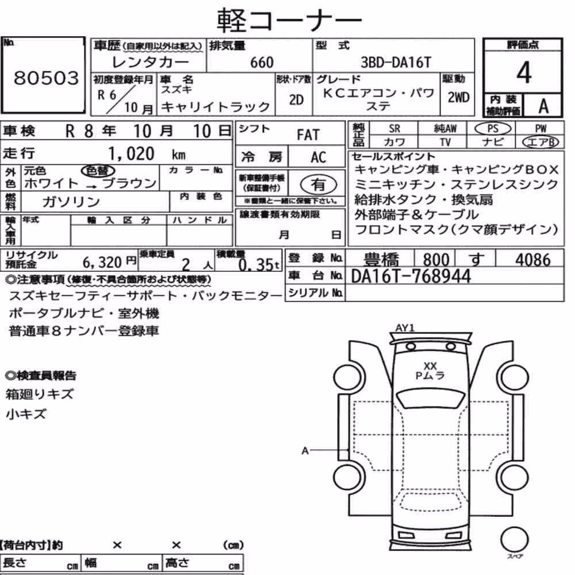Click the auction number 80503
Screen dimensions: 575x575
tap(46, 78)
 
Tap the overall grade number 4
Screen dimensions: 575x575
tap(524, 72)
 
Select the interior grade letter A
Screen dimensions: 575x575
tap(543, 106)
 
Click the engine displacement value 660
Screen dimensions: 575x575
tap(262, 62)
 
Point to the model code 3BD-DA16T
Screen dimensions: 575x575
tap(396, 62)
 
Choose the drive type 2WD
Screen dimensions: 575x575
tap(458, 98)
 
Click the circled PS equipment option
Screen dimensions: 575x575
tap(493, 129)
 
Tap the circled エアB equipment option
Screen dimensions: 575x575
tap(541, 142)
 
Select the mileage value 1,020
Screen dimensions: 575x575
tap(131, 154)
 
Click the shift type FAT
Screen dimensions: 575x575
tap(308, 135)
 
